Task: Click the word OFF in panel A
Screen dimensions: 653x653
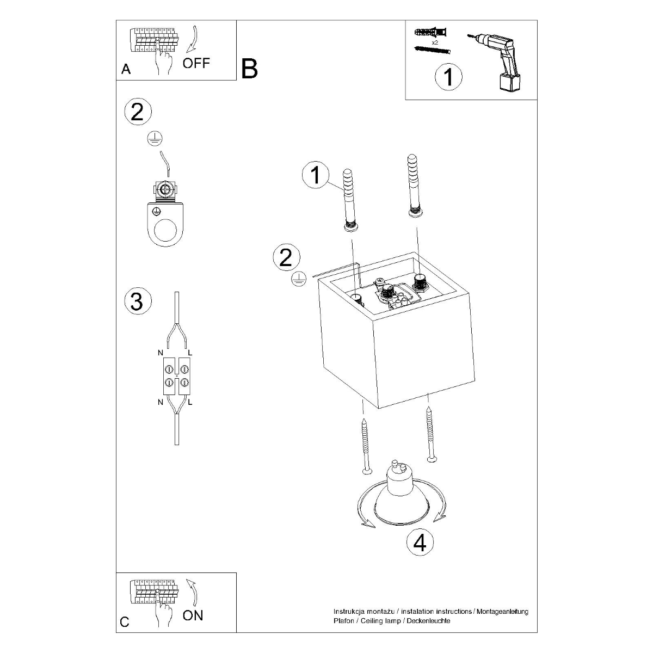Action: (x=196, y=63)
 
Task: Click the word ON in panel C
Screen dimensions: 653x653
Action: (x=193, y=615)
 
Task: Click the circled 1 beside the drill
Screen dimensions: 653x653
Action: (x=448, y=77)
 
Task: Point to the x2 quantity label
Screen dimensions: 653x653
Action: (x=435, y=42)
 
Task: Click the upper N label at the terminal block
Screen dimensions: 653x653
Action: (x=161, y=353)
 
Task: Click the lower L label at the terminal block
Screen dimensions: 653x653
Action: (x=190, y=403)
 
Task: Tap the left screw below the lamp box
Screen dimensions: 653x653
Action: (x=365, y=447)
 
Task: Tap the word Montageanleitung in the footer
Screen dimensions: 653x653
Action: (x=501, y=612)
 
